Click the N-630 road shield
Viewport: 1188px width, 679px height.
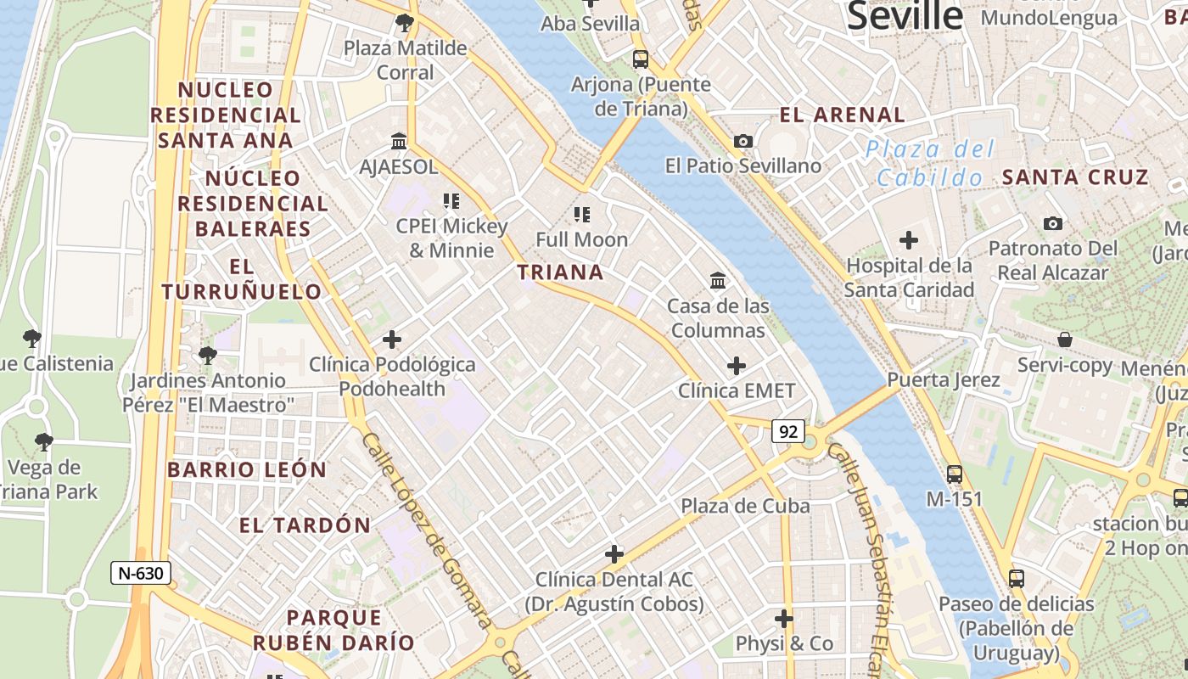pyautogui.click(x=141, y=573)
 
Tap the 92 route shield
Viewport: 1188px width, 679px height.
pyautogui.click(x=788, y=431)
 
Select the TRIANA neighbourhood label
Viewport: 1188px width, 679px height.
pyautogui.click(x=561, y=272)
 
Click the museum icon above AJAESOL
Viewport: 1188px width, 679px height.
pyautogui.click(x=399, y=141)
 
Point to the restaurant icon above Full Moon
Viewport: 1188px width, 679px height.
pyautogui.click(x=581, y=214)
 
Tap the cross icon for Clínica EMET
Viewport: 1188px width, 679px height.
pyautogui.click(x=737, y=366)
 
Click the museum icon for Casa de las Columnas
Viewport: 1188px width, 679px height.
pyautogui.click(x=718, y=280)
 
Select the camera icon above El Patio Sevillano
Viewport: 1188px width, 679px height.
pyautogui.click(x=743, y=141)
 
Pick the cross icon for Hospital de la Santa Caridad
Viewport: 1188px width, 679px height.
pyautogui.click(x=909, y=240)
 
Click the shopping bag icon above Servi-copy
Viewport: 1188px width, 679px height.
pyautogui.click(x=1065, y=340)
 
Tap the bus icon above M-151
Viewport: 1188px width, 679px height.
pyautogui.click(x=955, y=474)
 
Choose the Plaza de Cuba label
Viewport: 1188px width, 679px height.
pyautogui.click(x=745, y=506)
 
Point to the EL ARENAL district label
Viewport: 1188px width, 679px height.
pyautogui.click(x=843, y=115)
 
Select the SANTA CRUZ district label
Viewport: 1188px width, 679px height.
pyautogui.click(x=1075, y=177)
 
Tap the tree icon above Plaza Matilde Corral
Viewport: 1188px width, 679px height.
pyautogui.click(x=405, y=23)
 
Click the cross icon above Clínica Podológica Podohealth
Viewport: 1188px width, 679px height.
pyautogui.click(x=392, y=339)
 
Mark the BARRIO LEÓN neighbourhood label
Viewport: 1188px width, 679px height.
pyautogui.click(x=247, y=469)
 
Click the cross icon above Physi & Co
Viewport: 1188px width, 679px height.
pyautogui.click(x=784, y=619)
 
